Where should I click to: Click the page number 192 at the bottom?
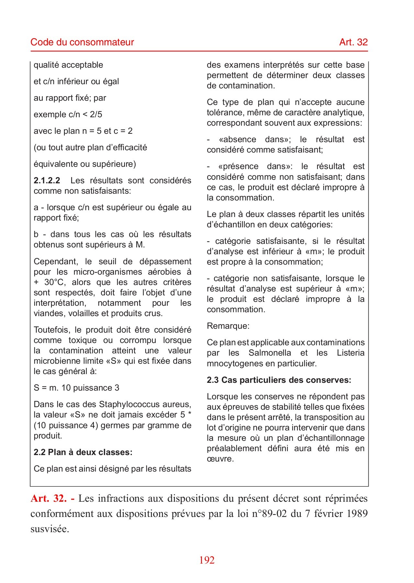coord(207,560)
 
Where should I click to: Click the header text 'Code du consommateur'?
coord(82,42)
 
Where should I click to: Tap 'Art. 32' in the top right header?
coord(353,42)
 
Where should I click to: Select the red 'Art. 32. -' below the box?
coord(52,498)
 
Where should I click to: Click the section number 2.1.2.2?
coord(47,180)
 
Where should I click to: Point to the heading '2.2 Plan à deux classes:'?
coord(83,452)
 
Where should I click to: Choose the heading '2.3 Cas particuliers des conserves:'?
coord(279,380)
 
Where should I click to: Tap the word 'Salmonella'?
coord(270,353)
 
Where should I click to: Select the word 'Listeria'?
coord(351,353)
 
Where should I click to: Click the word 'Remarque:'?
coord(228,326)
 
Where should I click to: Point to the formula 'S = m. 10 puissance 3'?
coord(76,388)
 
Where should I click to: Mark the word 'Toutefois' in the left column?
coord(52,330)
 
